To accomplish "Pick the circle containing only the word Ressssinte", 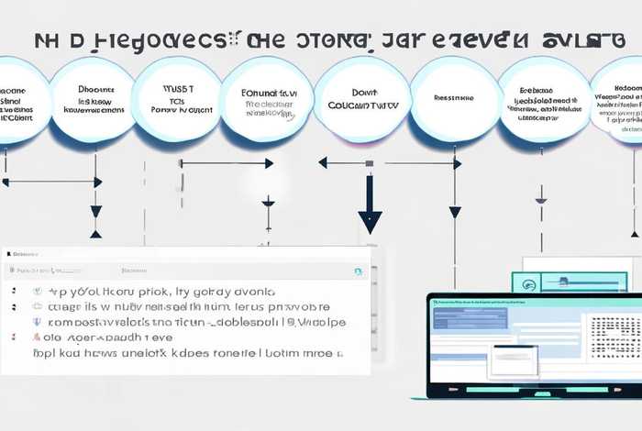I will point(453,97).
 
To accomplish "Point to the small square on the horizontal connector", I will point(369,163).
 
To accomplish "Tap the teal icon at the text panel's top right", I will point(358,271).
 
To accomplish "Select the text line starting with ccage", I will point(174,307).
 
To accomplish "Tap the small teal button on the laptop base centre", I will point(541,393).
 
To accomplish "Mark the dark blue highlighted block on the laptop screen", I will point(464,319).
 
